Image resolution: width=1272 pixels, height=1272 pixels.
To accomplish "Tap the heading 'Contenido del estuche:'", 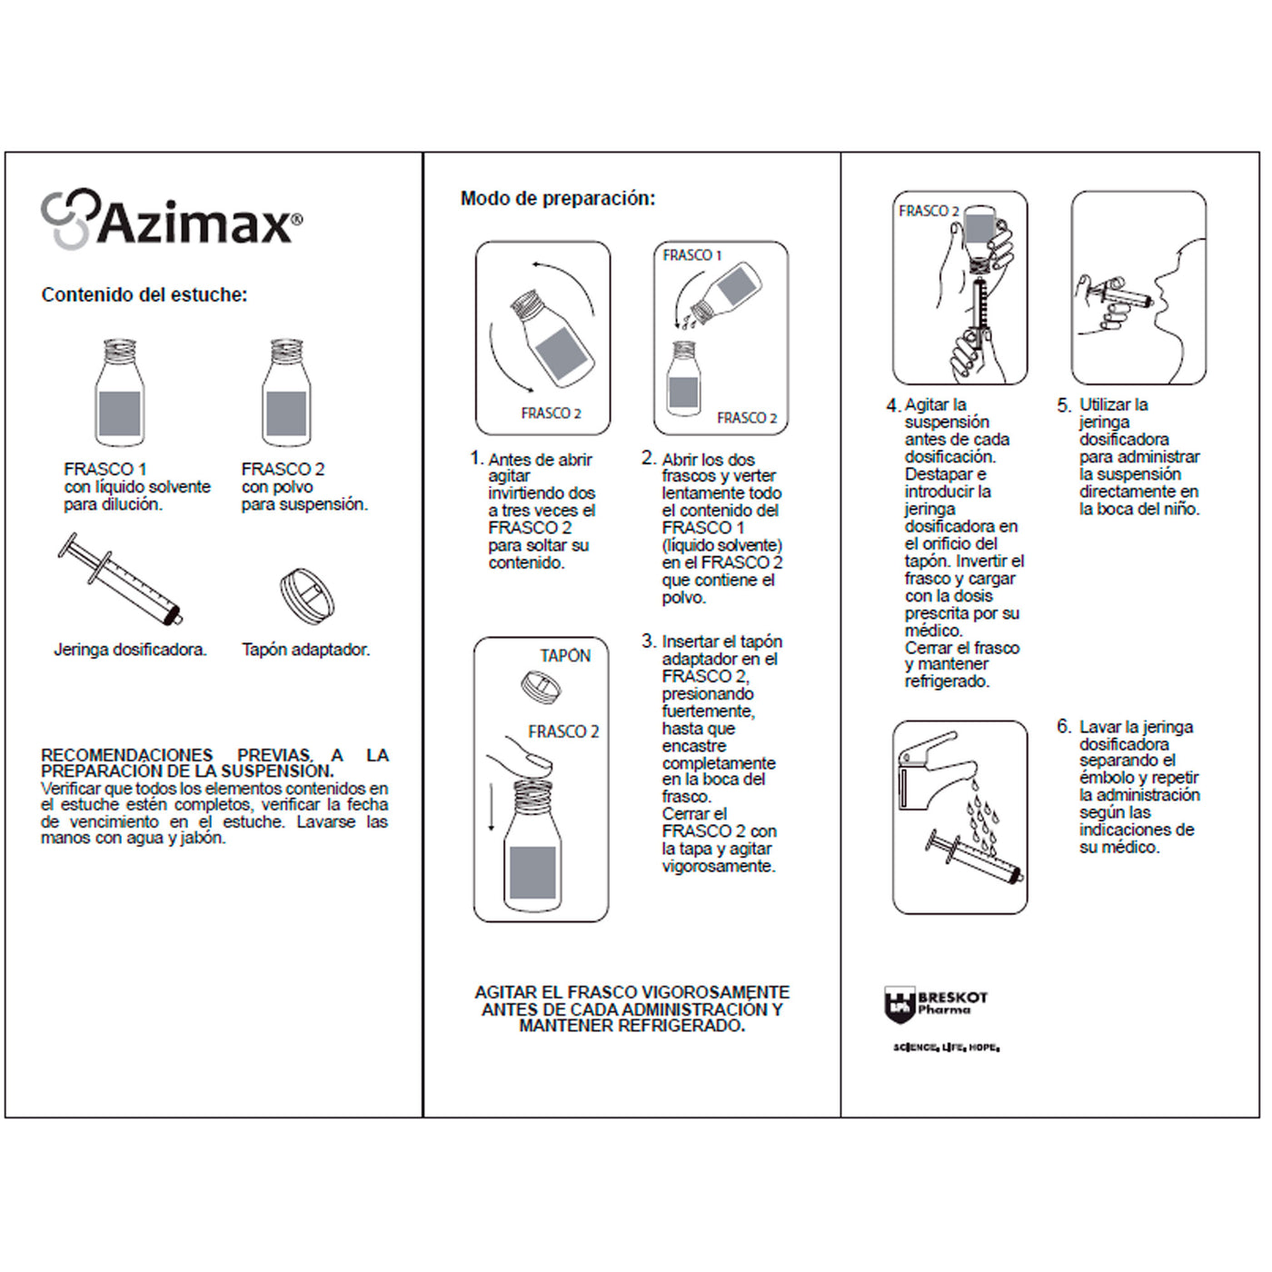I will [144, 294].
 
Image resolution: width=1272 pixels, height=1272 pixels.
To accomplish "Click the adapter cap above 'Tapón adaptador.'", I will [306, 595].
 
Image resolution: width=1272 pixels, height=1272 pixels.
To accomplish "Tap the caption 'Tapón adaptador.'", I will [305, 650].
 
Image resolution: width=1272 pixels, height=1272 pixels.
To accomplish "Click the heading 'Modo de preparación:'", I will [557, 198].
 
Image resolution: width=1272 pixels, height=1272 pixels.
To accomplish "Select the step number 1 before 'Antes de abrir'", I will [476, 458].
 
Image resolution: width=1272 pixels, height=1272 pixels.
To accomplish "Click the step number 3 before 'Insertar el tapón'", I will [648, 641].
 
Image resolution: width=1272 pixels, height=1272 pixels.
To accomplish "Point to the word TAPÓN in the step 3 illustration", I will [565, 656].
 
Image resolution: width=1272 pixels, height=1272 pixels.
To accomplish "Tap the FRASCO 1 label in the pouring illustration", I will [691, 255].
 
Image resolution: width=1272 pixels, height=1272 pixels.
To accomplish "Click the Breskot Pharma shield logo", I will [898, 1005].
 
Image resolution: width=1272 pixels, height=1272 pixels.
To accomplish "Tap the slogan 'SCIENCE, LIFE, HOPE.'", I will [946, 1048].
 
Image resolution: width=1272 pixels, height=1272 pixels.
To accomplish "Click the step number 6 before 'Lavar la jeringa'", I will [1063, 726].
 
